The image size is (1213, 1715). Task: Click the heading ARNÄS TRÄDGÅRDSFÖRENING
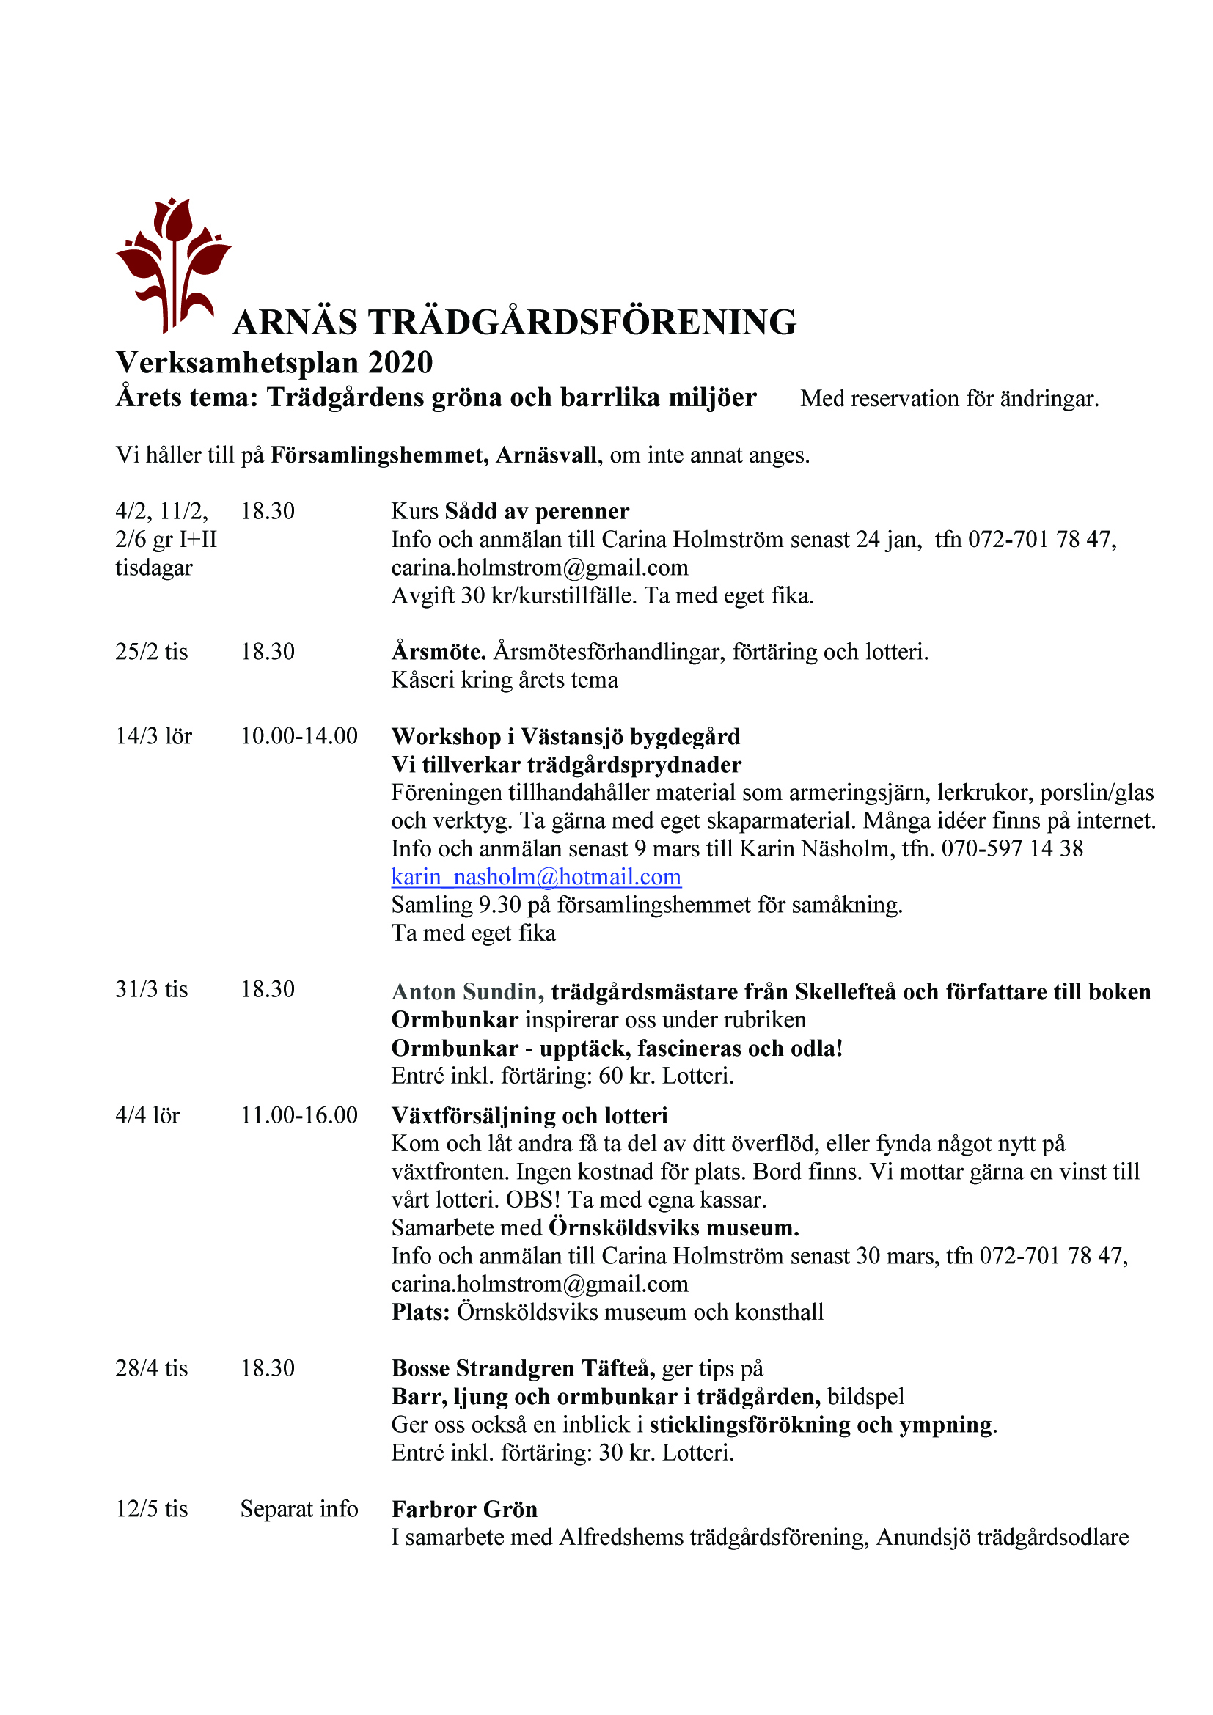[x=515, y=323]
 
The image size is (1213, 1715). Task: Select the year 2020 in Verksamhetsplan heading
[x=400, y=363]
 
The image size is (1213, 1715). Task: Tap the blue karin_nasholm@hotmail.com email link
[x=536, y=877]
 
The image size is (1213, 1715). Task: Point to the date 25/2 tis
[x=152, y=652]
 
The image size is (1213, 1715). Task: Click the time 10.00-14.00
[x=298, y=736]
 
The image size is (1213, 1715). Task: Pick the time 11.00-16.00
[x=298, y=1116]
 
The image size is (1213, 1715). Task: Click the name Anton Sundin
[x=463, y=992]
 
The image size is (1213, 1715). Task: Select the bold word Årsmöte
[x=439, y=652]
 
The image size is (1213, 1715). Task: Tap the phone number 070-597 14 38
[x=1012, y=848]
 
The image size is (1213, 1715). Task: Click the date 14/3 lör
[x=154, y=736]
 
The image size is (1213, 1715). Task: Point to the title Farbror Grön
[x=464, y=1510]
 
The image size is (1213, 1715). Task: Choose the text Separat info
[x=298, y=1510]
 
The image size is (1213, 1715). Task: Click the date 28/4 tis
[x=152, y=1368]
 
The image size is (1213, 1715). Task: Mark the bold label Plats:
[x=420, y=1312]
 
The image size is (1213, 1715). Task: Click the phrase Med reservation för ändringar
[x=949, y=399]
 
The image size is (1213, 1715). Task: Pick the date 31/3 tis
[x=152, y=990]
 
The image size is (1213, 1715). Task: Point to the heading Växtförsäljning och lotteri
[x=529, y=1116]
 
